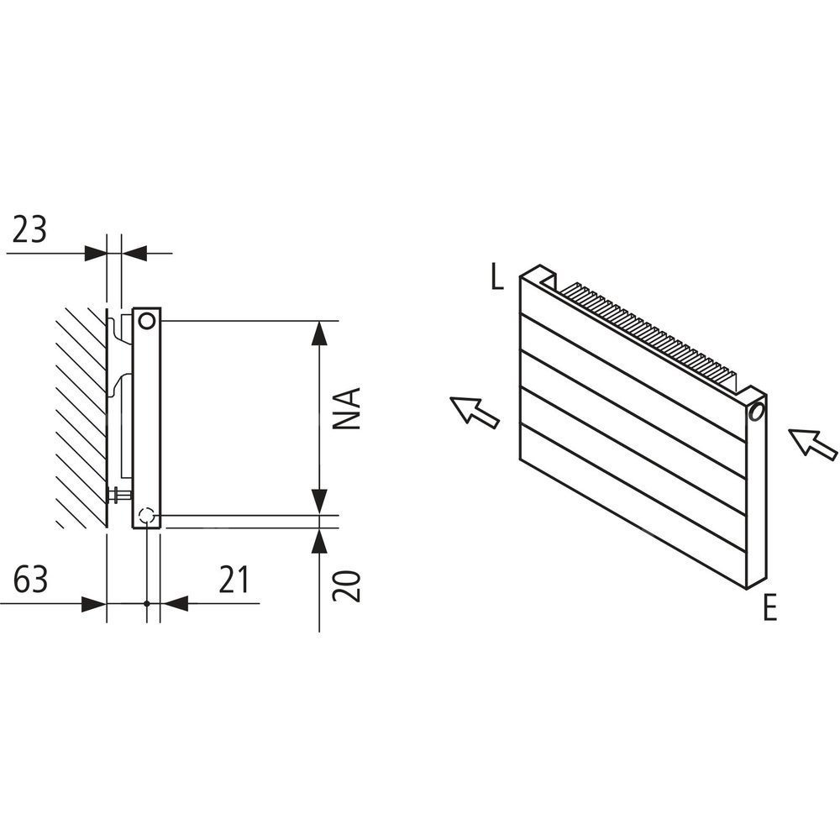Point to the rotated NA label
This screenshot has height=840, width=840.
point(347,408)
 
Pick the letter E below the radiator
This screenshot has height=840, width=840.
point(769,608)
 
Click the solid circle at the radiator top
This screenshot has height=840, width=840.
point(146,321)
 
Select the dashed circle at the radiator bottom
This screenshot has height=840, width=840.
point(146,516)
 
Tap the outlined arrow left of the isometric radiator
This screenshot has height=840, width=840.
point(475,411)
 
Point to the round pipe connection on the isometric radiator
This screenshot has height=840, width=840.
point(758,412)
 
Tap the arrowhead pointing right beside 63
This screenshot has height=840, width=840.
point(94,604)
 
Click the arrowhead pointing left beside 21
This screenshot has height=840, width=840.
point(174,604)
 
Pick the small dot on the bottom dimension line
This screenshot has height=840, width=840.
point(147,604)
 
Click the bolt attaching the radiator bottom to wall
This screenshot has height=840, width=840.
point(120,495)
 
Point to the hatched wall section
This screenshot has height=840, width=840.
point(81,417)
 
